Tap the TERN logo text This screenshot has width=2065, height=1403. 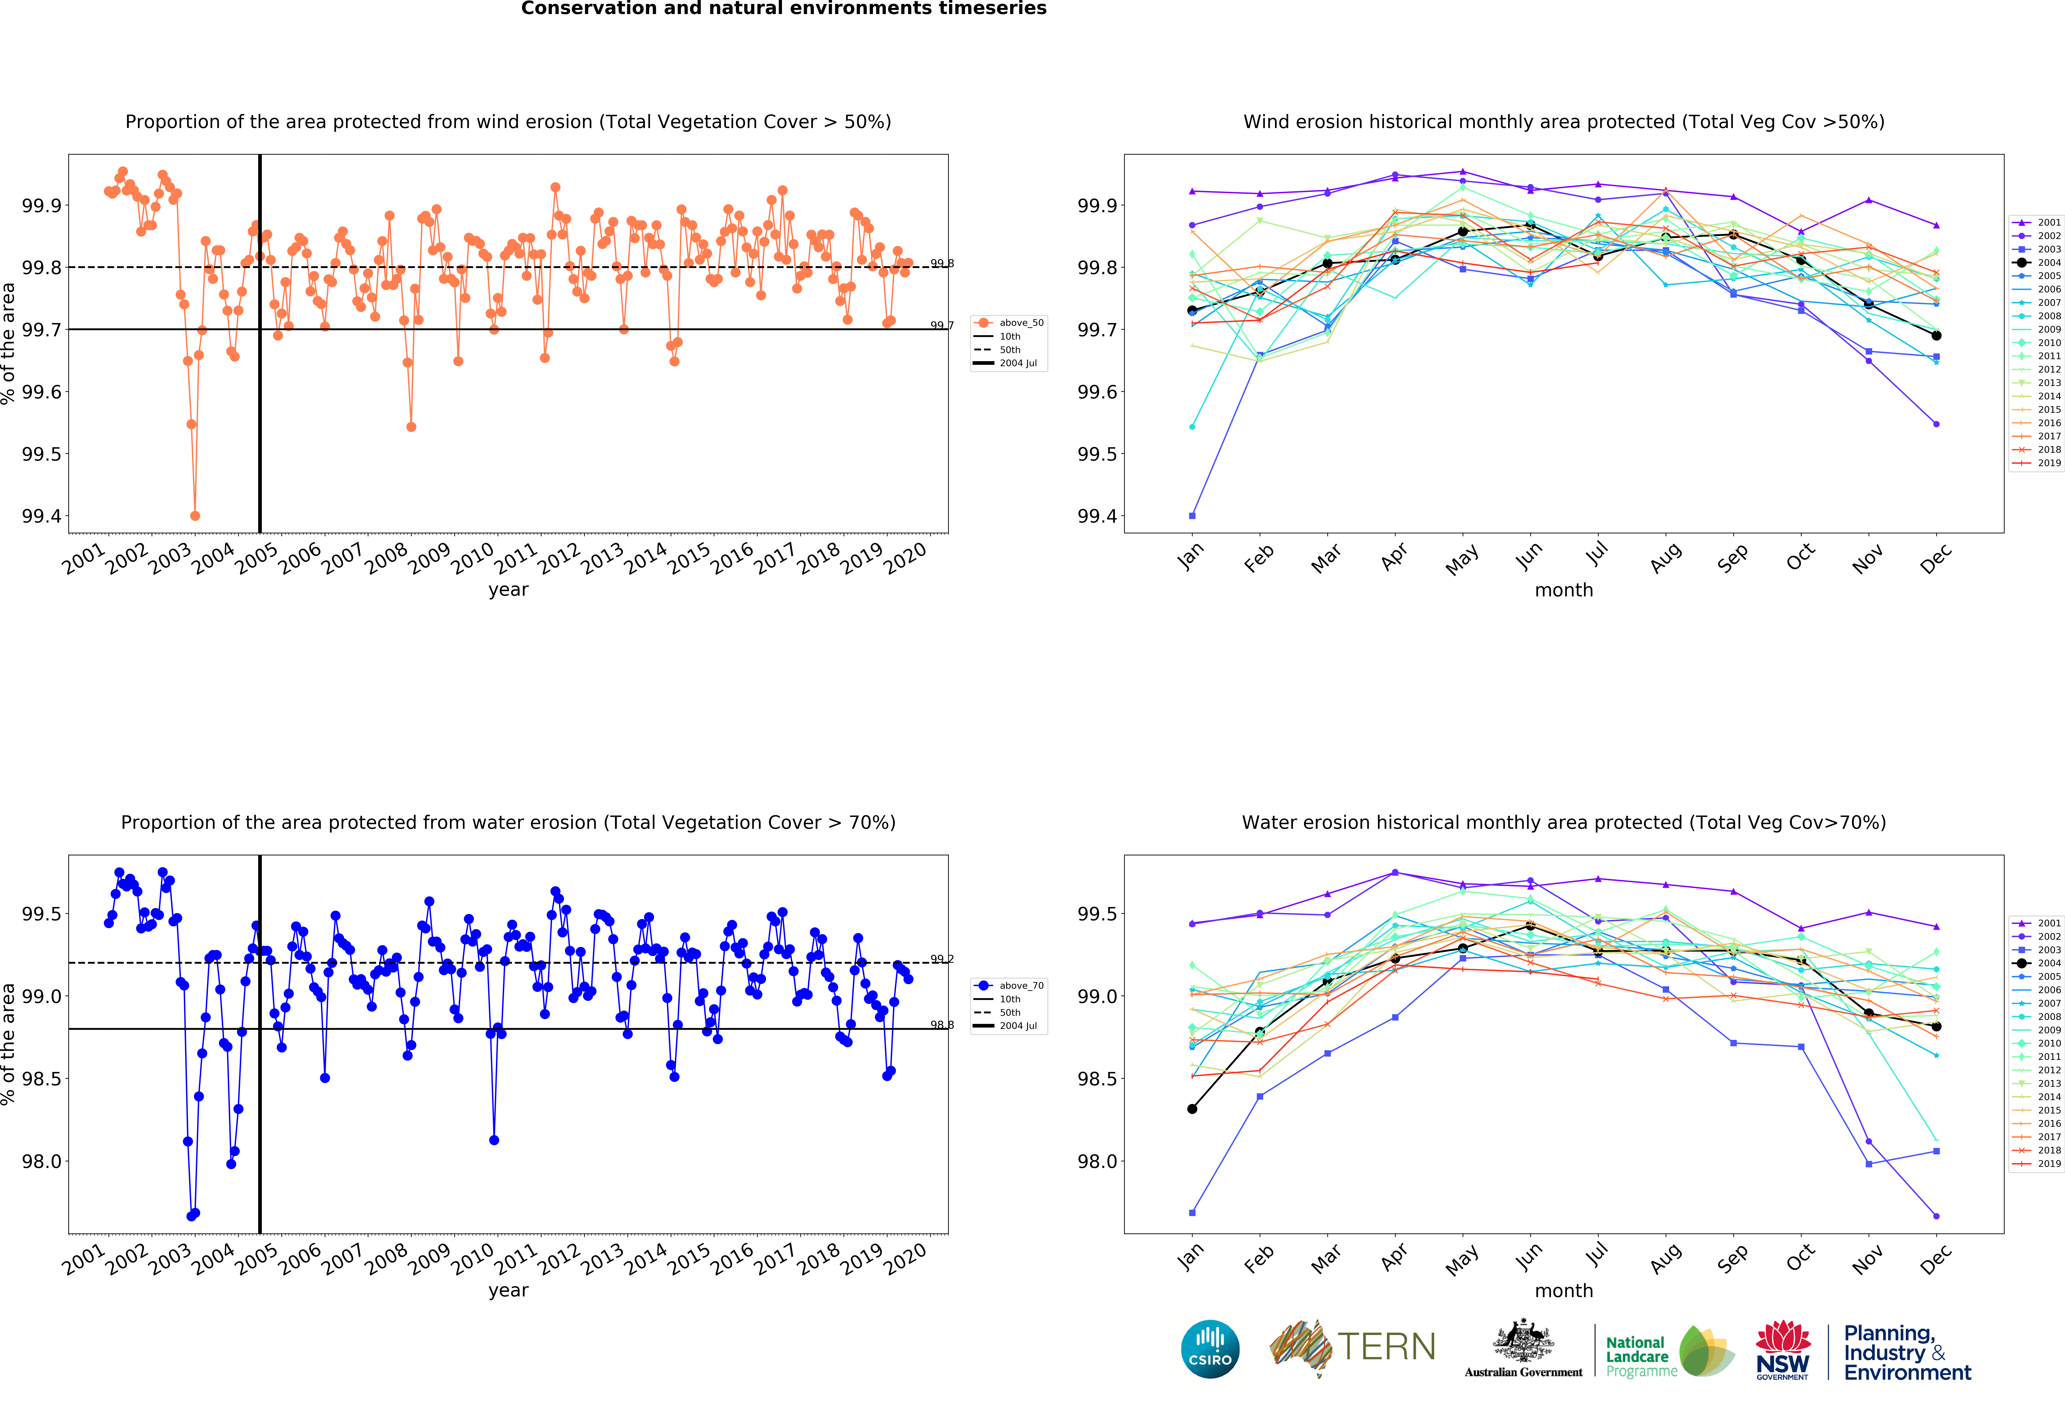(1386, 1347)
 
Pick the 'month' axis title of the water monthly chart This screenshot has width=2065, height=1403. (1564, 1290)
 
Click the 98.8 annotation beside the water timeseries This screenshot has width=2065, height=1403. (942, 1025)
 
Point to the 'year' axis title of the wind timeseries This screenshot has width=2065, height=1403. (508, 590)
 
